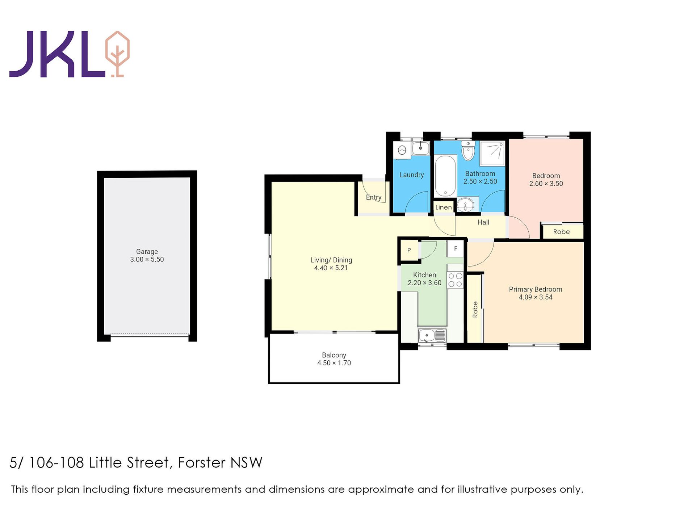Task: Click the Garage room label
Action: pyautogui.click(x=147, y=251)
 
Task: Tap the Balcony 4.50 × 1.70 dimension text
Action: pyautogui.click(x=334, y=363)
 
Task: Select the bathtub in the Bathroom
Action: pyautogui.click(x=445, y=176)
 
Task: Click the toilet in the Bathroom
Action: pyautogui.click(x=468, y=151)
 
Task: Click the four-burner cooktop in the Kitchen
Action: pyautogui.click(x=455, y=280)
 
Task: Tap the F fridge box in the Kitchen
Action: pyautogui.click(x=456, y=248)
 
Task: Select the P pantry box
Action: pyautogui.click(x=409, y=250)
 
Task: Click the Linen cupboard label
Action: pyautogui.click(x=444, y=207)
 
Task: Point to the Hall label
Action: pyautogui.click(x=483, y=222)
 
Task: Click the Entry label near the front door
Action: pyautogui.click(x=373, y=197)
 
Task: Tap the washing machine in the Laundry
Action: pyautogui.click(x=402, y=150)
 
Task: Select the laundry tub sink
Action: pyautogui.click(x=420, y=148)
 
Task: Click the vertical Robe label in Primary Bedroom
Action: pyautogui.click(x=475, y=310)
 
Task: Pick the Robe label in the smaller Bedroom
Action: pyautogui.click(x=561, y=232)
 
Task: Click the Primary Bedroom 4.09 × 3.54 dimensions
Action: pyautogui.click(x=535, y=297)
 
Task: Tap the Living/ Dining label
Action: pyautogui.click(x=331, y=260)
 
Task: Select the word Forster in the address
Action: pyautogui.click(x=202, y=462)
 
